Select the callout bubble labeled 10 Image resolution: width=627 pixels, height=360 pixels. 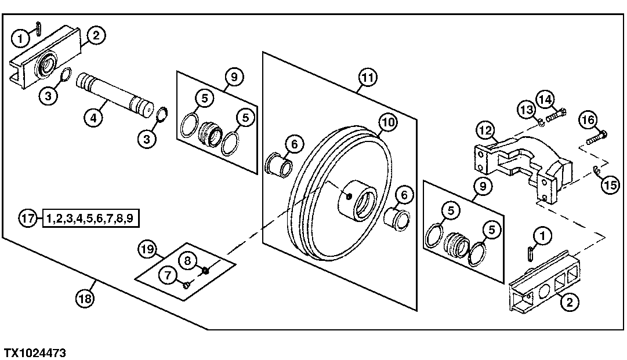pos(387,123)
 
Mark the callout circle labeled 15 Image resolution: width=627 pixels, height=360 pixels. pos(608,186)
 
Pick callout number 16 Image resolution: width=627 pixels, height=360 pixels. pos(587,121)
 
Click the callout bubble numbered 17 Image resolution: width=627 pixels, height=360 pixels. pos(27,219)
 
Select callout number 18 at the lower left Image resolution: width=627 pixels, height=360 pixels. pos(85,299)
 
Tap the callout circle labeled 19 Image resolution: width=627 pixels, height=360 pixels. pos(147,250)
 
